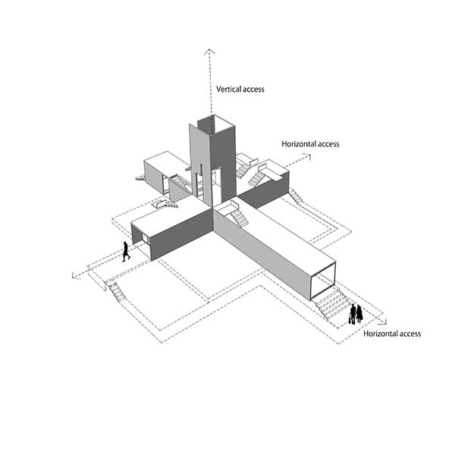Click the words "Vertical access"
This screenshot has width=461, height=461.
240,89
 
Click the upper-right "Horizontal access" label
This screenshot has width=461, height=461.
310,144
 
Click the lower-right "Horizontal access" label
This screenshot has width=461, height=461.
391,334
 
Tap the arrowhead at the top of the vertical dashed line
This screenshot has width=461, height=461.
207,49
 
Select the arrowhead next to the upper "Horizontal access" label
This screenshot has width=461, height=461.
308,156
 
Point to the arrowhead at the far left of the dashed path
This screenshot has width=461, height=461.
74,275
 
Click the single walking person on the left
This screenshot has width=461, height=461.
126,251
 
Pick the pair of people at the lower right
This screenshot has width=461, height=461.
355,312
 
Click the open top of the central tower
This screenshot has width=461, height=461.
212,122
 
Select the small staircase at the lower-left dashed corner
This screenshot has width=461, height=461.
117,291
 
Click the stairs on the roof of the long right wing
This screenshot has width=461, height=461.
238,218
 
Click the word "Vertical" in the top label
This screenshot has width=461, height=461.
228,89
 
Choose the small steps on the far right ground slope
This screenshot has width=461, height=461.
296,196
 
